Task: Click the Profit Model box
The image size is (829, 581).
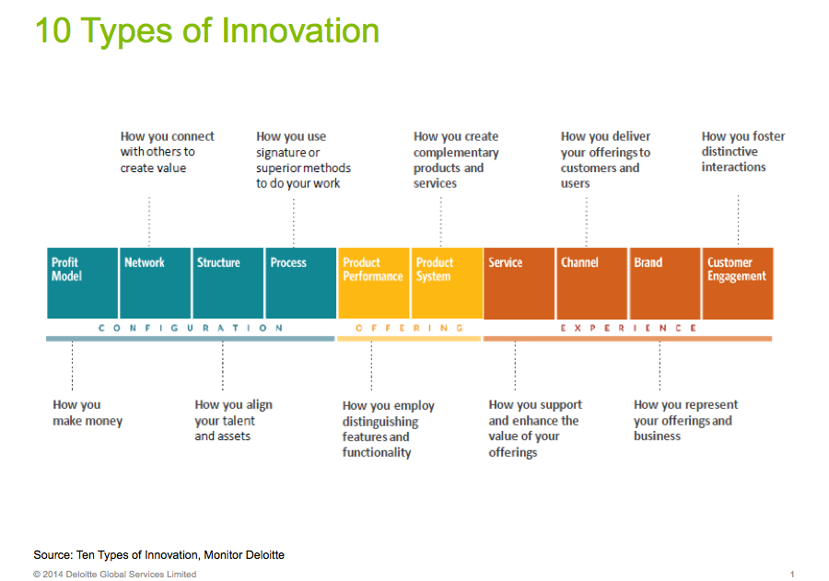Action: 83,283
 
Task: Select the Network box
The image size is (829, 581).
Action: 156,283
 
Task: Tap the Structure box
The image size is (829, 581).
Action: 228,283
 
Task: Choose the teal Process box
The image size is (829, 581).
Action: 301,283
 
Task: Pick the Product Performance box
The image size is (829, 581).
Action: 374,283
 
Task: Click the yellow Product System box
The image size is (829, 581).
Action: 448,283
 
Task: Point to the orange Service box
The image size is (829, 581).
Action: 520,283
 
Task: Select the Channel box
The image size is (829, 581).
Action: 592,283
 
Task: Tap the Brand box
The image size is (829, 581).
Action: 665,283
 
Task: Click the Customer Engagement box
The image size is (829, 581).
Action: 738,283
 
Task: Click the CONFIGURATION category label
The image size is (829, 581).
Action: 191,328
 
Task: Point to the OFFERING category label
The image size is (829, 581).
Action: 410,328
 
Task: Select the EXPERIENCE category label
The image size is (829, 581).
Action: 628,328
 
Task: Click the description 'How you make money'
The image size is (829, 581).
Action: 88,413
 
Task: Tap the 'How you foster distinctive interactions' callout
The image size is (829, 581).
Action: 743,152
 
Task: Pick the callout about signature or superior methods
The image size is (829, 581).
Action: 303,159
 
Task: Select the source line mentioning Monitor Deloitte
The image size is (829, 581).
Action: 159,555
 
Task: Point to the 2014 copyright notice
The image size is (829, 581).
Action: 115,575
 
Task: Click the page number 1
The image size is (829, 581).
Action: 792,575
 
